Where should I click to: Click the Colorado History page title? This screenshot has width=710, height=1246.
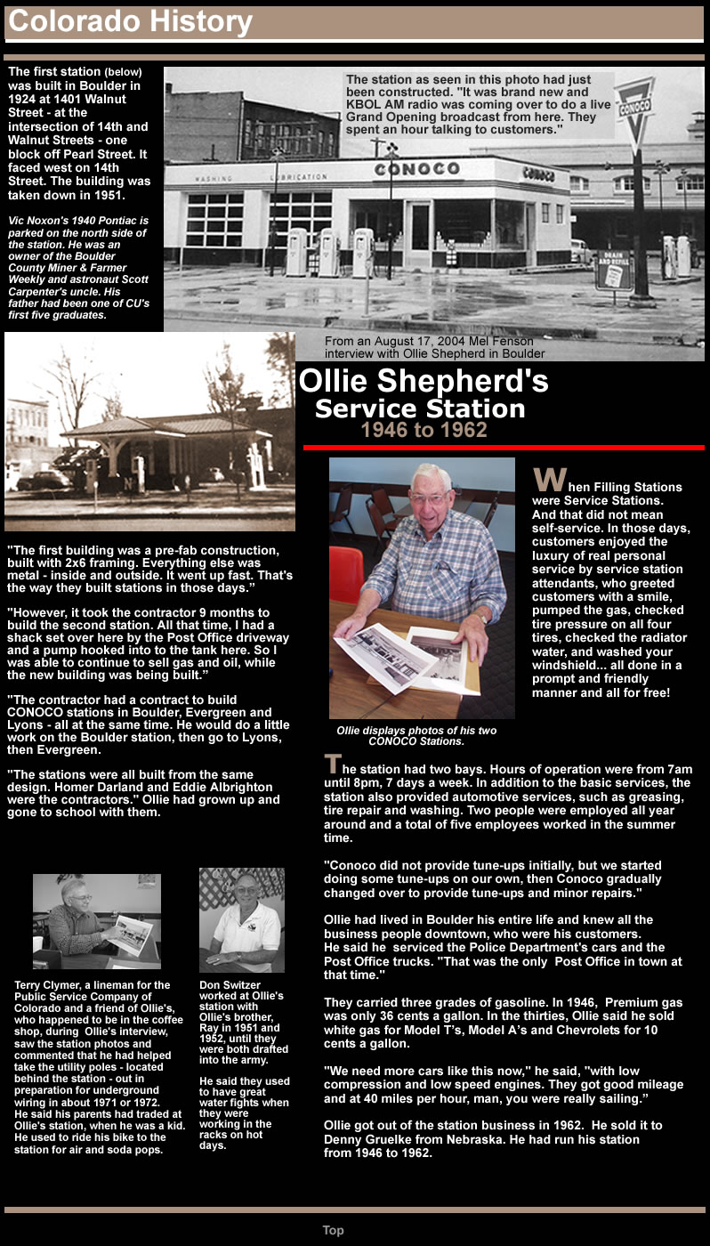click(x=130, y=22)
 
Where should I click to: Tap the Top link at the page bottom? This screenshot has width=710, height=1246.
click(x=333, y=1230)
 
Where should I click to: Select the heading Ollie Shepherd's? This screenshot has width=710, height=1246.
click(x=424, y=381)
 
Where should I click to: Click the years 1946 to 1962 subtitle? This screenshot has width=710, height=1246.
click(x=424, y=431)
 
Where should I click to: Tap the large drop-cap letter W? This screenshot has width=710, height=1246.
click(x=548, y=481)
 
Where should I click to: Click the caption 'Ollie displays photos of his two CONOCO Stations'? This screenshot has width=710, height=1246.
click(x=416, y=736)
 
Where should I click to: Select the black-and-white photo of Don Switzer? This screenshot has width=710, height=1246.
click(x=241, y=920)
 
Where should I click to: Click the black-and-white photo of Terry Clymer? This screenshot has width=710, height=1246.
click(x=97, y=921)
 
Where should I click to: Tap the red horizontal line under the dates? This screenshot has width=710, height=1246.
click(x=504, y=447)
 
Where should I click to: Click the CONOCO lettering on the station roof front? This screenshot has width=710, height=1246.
click(x=416, y=169)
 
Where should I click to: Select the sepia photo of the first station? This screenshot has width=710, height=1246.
click(x=149, y=433)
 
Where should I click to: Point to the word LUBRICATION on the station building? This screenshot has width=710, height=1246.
click(x=299, y=177)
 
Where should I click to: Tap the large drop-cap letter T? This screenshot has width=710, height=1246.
click(x=332, y=764)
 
